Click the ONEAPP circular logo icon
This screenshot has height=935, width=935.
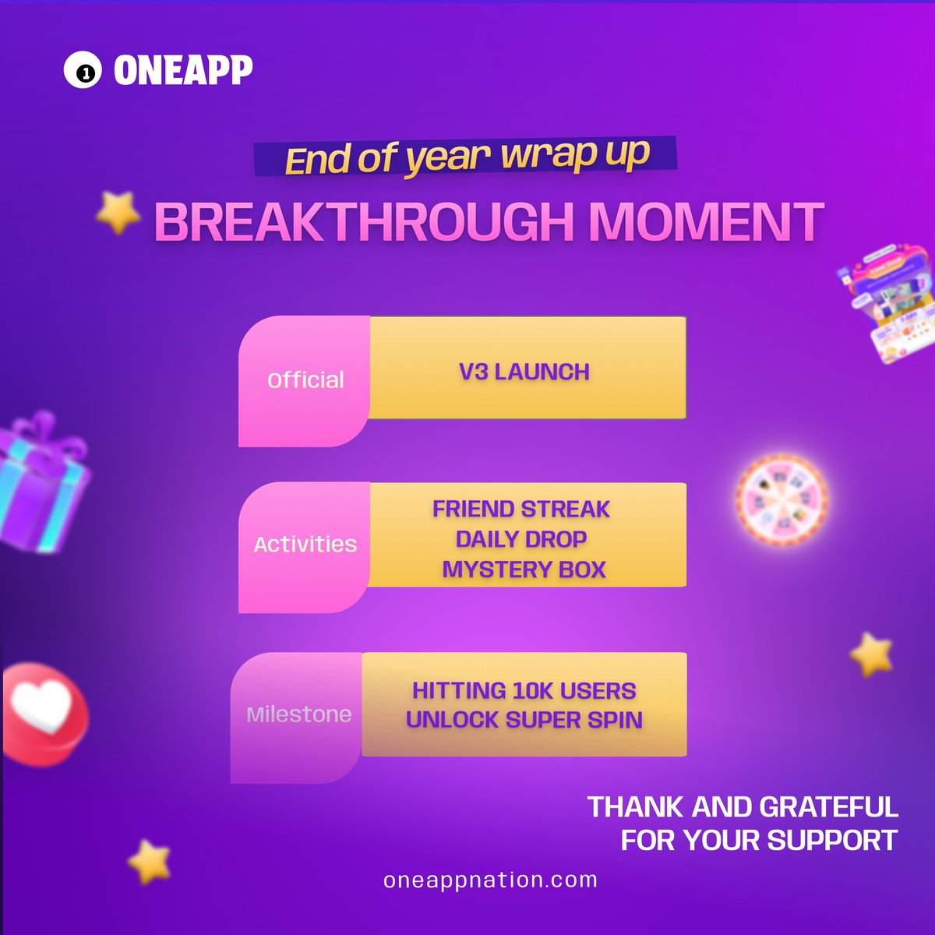(82, 72)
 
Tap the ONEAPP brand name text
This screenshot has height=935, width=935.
(183, 71)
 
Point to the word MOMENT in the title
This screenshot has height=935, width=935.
(706, 222)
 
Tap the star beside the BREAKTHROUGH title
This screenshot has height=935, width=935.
(118, 213)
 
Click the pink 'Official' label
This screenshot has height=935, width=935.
(305, 380)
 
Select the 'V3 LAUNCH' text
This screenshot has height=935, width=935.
(524, 372)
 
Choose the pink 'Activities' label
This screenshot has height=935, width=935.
(305, 545)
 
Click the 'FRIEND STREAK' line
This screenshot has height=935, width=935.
(521, 510)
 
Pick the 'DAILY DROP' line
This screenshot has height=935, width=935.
(521, 539)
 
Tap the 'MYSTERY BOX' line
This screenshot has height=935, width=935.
(524, 570)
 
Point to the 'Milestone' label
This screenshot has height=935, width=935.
(298, 714)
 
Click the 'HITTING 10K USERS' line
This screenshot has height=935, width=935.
(524, 690)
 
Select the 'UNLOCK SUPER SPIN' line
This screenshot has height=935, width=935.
(524, 720)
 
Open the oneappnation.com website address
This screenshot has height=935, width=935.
(490, 880)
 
